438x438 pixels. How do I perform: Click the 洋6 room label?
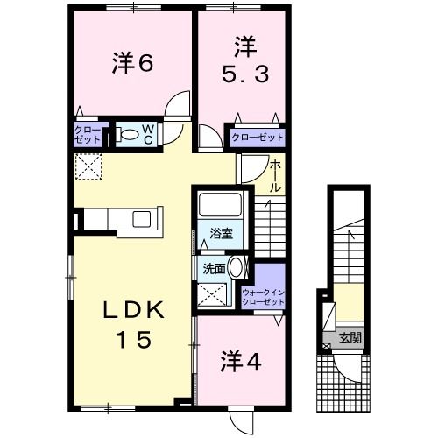coord(132,63)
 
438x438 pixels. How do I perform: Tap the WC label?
coord(148,135)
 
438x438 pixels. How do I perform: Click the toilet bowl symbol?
coord(128,135)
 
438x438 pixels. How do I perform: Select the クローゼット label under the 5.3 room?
coord(258,138)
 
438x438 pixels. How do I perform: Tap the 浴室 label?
coord(221,233)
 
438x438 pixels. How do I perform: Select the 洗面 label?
coord(215,269)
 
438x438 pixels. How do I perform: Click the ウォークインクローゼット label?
coord(264,296)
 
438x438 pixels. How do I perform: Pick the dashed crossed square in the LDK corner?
coord(88,166)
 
